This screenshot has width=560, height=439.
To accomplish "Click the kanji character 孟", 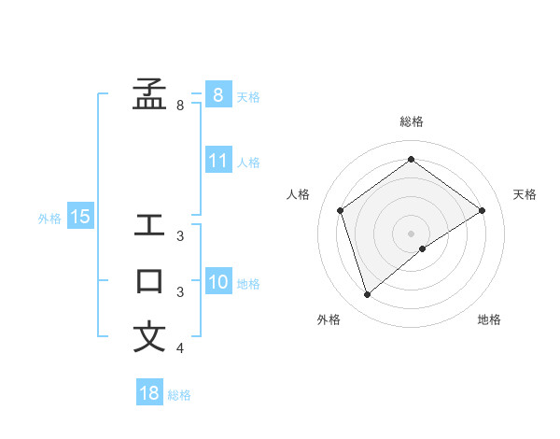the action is (149, 93).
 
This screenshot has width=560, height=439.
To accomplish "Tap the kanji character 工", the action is (149, 225).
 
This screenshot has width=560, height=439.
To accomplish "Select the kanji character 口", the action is (149, 281).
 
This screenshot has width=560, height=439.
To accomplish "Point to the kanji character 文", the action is (149, 337).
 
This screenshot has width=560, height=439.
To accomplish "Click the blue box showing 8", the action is (217, 94).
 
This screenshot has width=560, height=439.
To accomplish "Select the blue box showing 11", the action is (217, 160).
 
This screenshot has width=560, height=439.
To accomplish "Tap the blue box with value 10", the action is (217, 281).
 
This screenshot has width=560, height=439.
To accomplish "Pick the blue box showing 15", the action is (80, 217).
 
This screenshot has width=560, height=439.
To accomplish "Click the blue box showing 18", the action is (149, 393).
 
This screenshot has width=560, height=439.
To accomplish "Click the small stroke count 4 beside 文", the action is (180, 349).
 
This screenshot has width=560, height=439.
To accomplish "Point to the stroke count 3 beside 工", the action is (180, 236).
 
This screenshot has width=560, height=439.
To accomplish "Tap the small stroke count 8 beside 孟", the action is (180, 106).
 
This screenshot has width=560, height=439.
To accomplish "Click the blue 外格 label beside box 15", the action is (49, 219).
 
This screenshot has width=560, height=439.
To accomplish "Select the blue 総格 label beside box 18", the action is (179, 395).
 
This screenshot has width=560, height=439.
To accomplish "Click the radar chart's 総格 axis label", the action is (411, 121).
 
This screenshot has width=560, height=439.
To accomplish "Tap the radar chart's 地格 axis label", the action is (489, 319).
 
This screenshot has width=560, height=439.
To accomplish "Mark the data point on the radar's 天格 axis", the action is (483, 210).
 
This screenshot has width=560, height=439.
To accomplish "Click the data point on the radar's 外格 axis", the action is (367, 295).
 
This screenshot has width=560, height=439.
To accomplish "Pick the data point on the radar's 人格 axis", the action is (340, 210).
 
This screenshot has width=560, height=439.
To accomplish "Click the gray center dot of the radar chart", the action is (411, 233).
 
